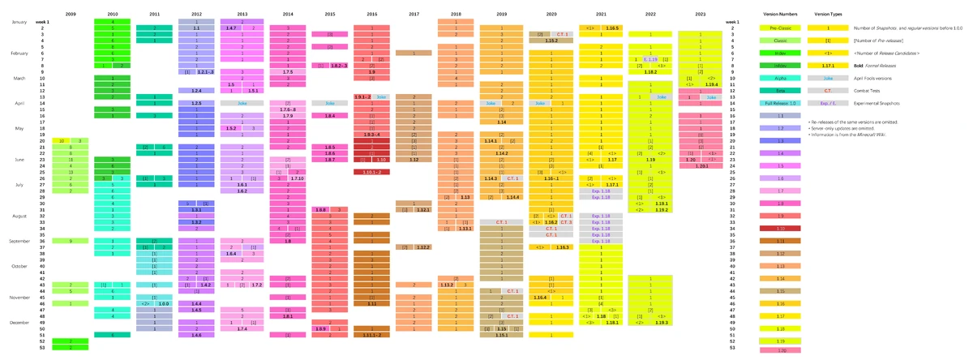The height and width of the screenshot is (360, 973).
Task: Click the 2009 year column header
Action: pos(71,14)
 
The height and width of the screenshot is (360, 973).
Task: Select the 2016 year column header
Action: pos(371,14)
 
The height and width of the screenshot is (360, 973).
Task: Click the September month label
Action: pos(19,241)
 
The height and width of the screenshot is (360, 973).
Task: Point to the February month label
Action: pos(19,53)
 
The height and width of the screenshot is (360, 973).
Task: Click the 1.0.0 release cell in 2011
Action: pos(163,302)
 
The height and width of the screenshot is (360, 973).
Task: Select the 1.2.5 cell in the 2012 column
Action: pos(196,104)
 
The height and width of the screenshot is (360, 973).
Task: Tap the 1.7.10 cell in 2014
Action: pos(298,178)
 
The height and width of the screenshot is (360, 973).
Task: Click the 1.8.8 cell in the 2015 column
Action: pos(320,209)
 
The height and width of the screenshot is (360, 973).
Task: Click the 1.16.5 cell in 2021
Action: pos(611,28)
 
